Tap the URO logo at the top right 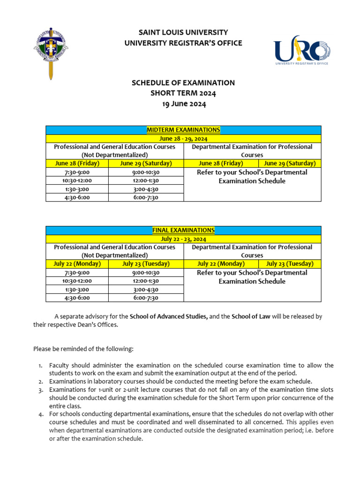(x=302, y=50)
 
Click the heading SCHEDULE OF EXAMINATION (x=183, y=83)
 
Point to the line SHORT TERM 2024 (x=183, y=93)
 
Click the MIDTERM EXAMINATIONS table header (x=183, y=130)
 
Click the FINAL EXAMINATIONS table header (x=183, y=230)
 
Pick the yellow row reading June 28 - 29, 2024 (x=183, y=139)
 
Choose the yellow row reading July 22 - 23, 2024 (x=183, y=239)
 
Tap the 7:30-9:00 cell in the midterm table (x=76, y=172)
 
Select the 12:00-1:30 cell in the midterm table (x=146, y=180)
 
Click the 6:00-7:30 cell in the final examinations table (x=146, y=298)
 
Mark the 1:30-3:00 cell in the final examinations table (x=76, y=289)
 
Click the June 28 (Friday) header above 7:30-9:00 (x=76, y=164)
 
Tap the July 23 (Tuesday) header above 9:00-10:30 (x=146, y=264)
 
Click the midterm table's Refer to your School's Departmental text (x=252, y=172)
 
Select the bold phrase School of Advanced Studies (x=169, y=316)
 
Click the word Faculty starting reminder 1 (x=60, y=365)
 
